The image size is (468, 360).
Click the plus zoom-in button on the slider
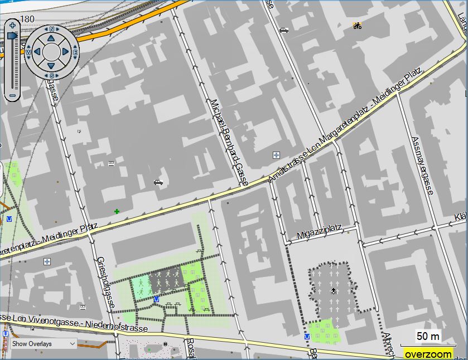coord(12,25)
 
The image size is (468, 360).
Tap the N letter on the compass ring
coord(52,29)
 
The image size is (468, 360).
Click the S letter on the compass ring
coord(52,75)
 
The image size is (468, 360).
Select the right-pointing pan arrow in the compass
coord(66,52)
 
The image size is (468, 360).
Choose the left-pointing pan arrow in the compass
coord(37,52)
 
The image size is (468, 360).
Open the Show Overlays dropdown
coord(43,344)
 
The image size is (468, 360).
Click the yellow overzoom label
coord(428,354)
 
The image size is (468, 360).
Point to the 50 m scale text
coord(428,337)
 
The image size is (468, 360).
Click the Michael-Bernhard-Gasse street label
coord(229,143)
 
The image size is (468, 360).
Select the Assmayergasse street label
coord(422,166)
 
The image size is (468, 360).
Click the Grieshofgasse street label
coord(105,282)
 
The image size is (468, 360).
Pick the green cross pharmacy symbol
coord(117,211)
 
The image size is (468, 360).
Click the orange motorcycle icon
coord(356,25)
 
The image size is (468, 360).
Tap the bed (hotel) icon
coord(111,163)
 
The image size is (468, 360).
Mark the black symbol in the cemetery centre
coord(334,291)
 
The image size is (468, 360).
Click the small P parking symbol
coord(80,132)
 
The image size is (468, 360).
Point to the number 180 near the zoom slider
coord(27,20)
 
